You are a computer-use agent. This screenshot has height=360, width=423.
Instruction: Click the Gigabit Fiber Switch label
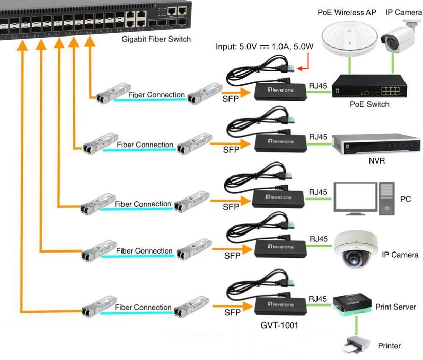(156, 39)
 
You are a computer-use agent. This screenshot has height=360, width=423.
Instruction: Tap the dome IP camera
(356, 250)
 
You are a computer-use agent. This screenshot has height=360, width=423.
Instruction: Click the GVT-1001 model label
(279, 326)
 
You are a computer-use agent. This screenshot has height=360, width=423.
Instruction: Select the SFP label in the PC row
(232, 207)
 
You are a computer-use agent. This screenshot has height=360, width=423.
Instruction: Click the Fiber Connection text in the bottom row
(143, 307)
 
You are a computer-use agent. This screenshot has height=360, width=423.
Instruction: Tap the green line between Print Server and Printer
(356, 325)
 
